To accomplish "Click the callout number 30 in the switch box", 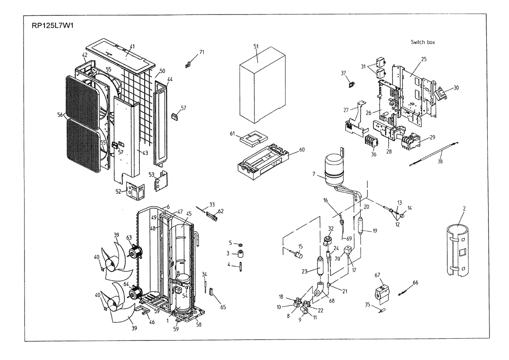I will point(456,88).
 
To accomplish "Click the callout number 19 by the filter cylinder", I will point(375,230).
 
